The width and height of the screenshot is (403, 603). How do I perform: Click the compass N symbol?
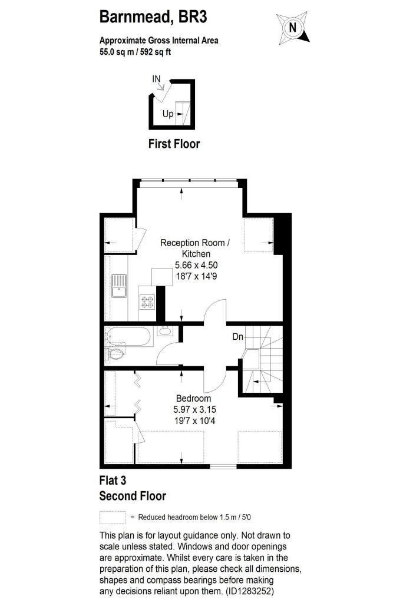pyautogui.click(x=293, y=28)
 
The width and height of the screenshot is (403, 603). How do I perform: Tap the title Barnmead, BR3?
pyautogui.click(x=153, y=17)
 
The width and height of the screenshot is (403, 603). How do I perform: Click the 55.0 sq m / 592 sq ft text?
pyautogui.click(x=135, y=52)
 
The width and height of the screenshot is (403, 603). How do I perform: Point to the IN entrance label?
pyautogui.click(x=156, y=79)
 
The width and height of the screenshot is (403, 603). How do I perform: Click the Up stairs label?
pyautogui.click(x=168, y=114)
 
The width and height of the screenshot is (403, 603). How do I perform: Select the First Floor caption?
pyautogui.click(x=174, y=144)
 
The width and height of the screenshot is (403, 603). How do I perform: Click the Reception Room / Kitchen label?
pyautogui.click(x=195, y=248)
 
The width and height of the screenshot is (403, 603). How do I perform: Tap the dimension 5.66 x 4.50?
pyautogui.click(x=196, y=265)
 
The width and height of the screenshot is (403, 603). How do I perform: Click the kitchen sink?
pyautogui.click(x=119, y=286)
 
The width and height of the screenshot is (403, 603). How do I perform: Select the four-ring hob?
pyautogui.click(x=147, y=301)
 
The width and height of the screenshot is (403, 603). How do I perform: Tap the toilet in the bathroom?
pyautogui.click(x=115, y=353)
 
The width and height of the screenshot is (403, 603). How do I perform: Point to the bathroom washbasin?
pyautogui.click(x=166, y=331)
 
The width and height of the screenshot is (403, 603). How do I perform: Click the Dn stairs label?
pyautogui.click(x=237, y=337)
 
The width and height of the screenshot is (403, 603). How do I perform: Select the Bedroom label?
pyautogui.click(x=194, y=399)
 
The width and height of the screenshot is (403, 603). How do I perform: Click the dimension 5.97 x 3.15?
pyautogui.click(x=195, y=410)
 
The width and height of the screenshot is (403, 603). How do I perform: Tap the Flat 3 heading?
pyautogui.click(x=113, y=481)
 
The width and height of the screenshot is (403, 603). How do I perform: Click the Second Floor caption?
pyautogui.click(x=133, y=496)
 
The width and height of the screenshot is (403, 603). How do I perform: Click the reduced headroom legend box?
pyautogui.click(x=113, y=517)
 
